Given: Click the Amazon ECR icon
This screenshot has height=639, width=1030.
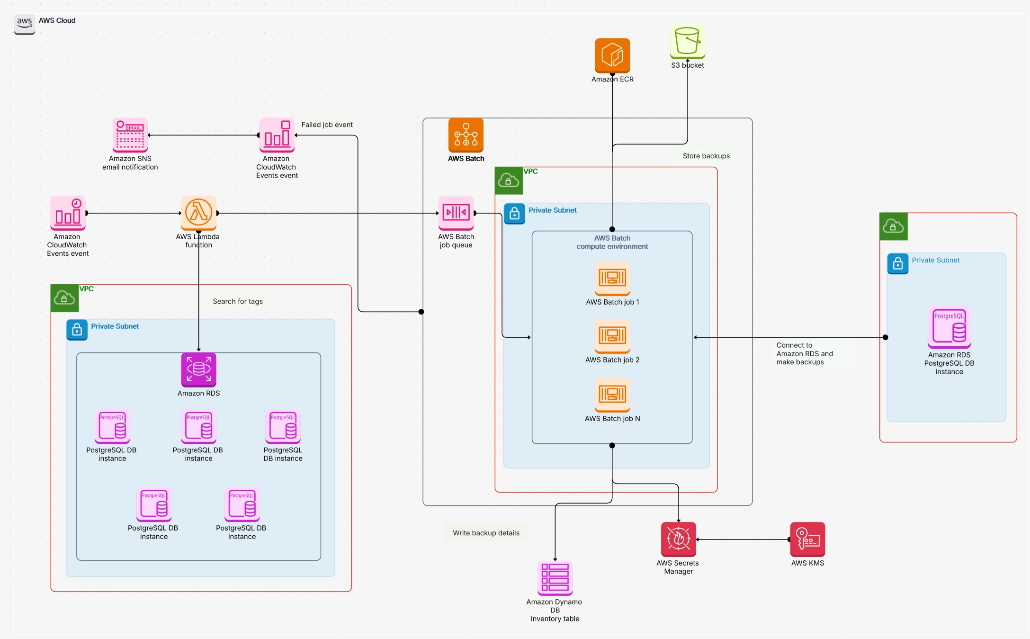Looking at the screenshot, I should (612, 55).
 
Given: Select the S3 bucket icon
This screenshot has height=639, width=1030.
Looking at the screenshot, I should (687, 42).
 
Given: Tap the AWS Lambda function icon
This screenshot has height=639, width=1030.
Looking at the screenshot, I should (198, 213).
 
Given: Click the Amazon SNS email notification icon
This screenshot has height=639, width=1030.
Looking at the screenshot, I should (130, 135).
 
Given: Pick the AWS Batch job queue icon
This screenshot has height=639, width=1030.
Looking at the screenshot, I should (456, 213).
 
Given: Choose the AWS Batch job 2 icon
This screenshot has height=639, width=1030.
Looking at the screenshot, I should (612, 336).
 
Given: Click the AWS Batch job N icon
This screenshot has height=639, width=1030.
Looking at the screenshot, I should (612, 394).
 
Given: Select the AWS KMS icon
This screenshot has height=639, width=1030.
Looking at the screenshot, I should (807, 539).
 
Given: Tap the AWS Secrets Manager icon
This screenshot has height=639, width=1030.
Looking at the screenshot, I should (678, 539).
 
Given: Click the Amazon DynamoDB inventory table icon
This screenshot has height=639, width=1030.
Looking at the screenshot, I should (555, 578).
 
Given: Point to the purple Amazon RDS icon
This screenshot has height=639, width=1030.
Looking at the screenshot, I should (198, 369).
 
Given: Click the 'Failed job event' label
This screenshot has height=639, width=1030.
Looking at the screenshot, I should (327, 125).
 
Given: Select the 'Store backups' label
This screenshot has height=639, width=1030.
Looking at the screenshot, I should (706, 156).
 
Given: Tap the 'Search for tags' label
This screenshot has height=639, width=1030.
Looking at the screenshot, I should (237, 301).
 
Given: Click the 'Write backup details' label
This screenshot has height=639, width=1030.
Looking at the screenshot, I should (486, 533).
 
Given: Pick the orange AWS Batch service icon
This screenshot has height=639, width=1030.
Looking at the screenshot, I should (466, 135).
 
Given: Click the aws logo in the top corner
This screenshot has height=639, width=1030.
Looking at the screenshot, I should (25, 23).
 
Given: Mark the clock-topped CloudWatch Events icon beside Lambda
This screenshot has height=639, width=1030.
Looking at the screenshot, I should (68, 213).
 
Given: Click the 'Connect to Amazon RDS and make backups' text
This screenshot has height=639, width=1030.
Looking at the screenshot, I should (804, 353).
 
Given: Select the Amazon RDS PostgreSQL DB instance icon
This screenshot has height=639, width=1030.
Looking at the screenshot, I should (949, 327).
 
